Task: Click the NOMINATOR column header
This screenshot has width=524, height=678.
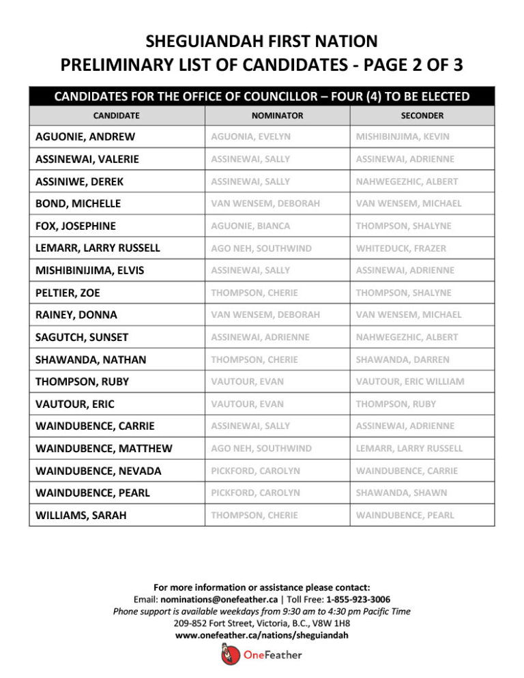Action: pyautogui.click(x=277, y=116)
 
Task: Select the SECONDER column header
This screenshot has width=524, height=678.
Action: pyautogui.click(x=422, y=116)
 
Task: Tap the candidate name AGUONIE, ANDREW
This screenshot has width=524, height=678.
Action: pyautogui.click(x=85, y=137)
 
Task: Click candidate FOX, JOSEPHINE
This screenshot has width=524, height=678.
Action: pyautogui.click(x=76, y=226)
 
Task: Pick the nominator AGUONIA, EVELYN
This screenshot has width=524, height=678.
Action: pyautogui.click(x=250, y=137)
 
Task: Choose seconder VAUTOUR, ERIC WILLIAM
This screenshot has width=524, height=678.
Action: pyautogui.click(x=409, y=381)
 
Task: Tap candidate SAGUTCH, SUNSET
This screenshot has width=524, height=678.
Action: pyautogui.click(x=82, y=337)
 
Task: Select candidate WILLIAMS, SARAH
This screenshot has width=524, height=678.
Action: pyautogui.click(x=81, y=516)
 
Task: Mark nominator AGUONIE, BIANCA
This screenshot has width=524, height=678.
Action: pyautogui.click(x=250, y=226)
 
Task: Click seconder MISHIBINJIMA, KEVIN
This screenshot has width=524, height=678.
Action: pyautogui.click(x=403, y=137)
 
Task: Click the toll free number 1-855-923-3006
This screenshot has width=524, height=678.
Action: pyautogui.click(x=358, y=600)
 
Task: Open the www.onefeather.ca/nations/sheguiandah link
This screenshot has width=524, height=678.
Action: pyautogui.click(x=262, y=635)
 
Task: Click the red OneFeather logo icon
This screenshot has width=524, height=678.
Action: pyautogui.click(x=229, y=655)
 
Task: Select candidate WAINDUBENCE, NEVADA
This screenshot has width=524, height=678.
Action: pyautogui.click(x=98, y=471)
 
